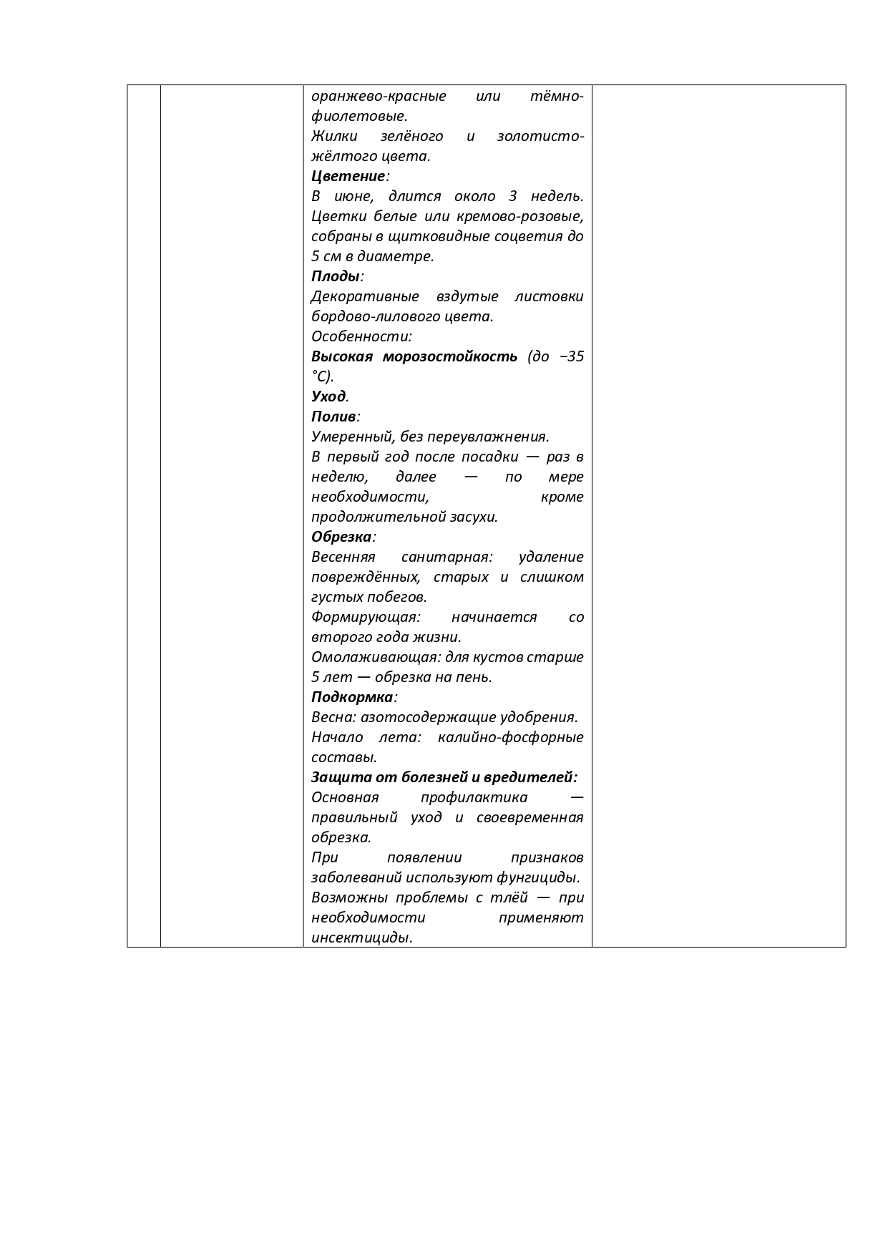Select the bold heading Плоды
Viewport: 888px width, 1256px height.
(x=335, y=276)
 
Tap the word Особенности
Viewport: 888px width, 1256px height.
(x=361, y=336)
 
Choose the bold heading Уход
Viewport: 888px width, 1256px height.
(x=328, y=396)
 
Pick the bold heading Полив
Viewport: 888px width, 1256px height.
(x=333, y=417)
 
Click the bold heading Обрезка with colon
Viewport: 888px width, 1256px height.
(x=342, y=537)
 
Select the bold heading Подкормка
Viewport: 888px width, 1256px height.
(x=352, y=697)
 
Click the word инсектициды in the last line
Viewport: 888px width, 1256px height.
(x=361, y=938)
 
